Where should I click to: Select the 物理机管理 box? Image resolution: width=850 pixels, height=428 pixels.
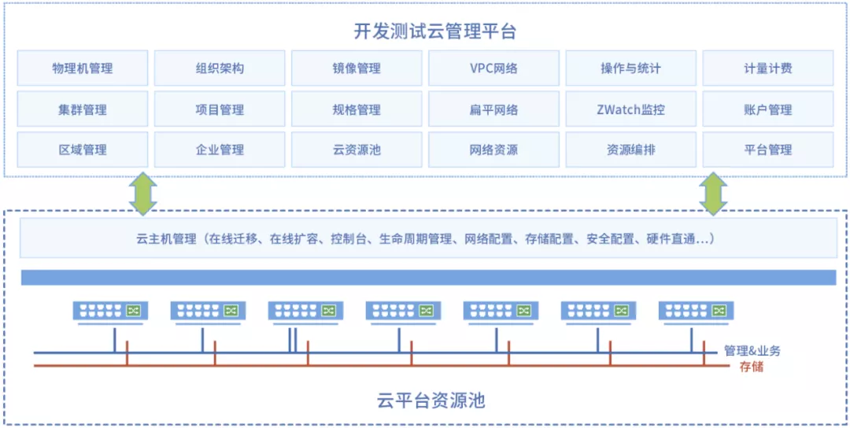click(82, 68)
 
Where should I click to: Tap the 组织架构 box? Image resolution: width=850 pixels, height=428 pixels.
click(220, 68)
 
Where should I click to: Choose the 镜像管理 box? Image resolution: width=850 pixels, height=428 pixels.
click(357, 68)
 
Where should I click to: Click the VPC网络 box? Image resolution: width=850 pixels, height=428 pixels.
click(493, 68)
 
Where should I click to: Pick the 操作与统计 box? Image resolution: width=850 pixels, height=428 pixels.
click(630, 68)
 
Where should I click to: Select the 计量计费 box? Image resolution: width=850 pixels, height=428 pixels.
click(767, 68)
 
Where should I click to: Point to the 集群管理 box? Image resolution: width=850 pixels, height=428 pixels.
click(82, 110)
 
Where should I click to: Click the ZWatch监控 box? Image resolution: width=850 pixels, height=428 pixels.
click(630, 110)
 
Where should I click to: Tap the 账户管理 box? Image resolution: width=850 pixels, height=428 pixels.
click(767, 110)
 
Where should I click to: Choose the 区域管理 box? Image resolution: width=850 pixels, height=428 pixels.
click(82, 149)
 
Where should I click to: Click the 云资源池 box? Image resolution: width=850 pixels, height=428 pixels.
click(357, 149)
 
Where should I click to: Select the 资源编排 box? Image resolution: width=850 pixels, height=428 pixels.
click(630, 149)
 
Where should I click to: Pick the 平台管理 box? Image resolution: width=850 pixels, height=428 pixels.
click(767, 149)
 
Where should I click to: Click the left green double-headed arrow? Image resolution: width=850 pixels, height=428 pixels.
click(143, 194)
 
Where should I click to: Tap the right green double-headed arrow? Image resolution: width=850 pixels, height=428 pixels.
click(713, 194)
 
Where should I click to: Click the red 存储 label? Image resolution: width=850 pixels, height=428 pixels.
click(751, 367)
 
